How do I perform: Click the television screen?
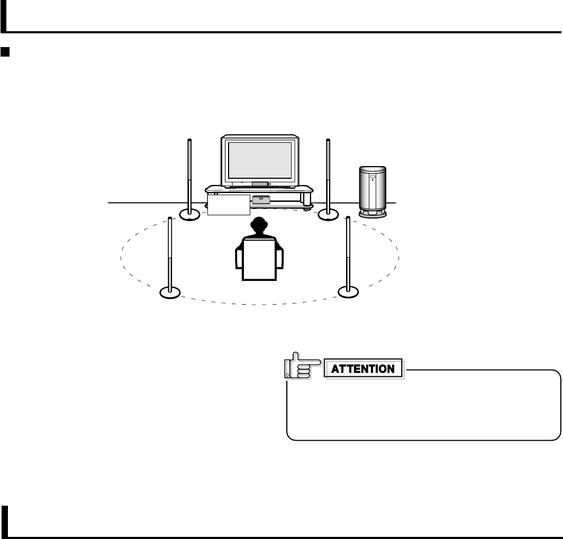pyautogui.click(x=260, y=160)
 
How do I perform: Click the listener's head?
pyautogui.click(x=259, y=226)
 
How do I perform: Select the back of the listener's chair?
pyautogui.click(x=259, y=259)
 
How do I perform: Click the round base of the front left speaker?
pyautogui.click(x=189, y=214)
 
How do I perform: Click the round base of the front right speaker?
pyautogui.click(x=328, y=214)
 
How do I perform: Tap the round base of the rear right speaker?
pyautogui.click(x=348, y=291)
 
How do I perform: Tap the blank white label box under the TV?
pyautogui.click(x=228, y=205)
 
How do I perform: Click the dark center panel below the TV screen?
pyautogui.click(x=260, y=184)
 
